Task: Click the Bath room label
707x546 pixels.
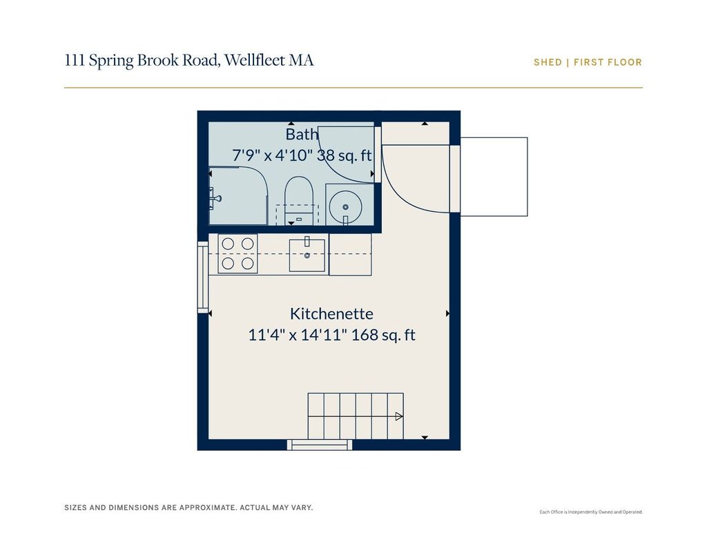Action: tap(302, 134)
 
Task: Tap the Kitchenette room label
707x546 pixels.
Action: tap(331, 313)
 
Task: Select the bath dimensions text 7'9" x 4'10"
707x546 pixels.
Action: tap(272, 155)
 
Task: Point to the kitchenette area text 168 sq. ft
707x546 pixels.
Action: tap(383, 335)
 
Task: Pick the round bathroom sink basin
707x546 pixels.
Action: tap(345, 207)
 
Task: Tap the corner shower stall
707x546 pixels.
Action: tap(238, 195)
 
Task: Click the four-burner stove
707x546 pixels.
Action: tap(238, 253)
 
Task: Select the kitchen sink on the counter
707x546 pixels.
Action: tap(307, 255)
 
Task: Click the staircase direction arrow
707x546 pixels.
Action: tap(399, 417)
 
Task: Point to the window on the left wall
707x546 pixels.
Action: tap(203, 277)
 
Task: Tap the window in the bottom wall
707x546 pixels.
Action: tap(320, 445)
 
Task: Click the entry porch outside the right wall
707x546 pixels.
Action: tap(494, 177)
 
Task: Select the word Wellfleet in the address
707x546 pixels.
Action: tap(254, 60)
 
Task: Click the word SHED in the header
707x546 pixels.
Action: tap(548, 62)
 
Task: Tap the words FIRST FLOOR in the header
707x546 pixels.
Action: tap(608, 62)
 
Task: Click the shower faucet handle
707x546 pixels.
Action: tap(215, 198)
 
